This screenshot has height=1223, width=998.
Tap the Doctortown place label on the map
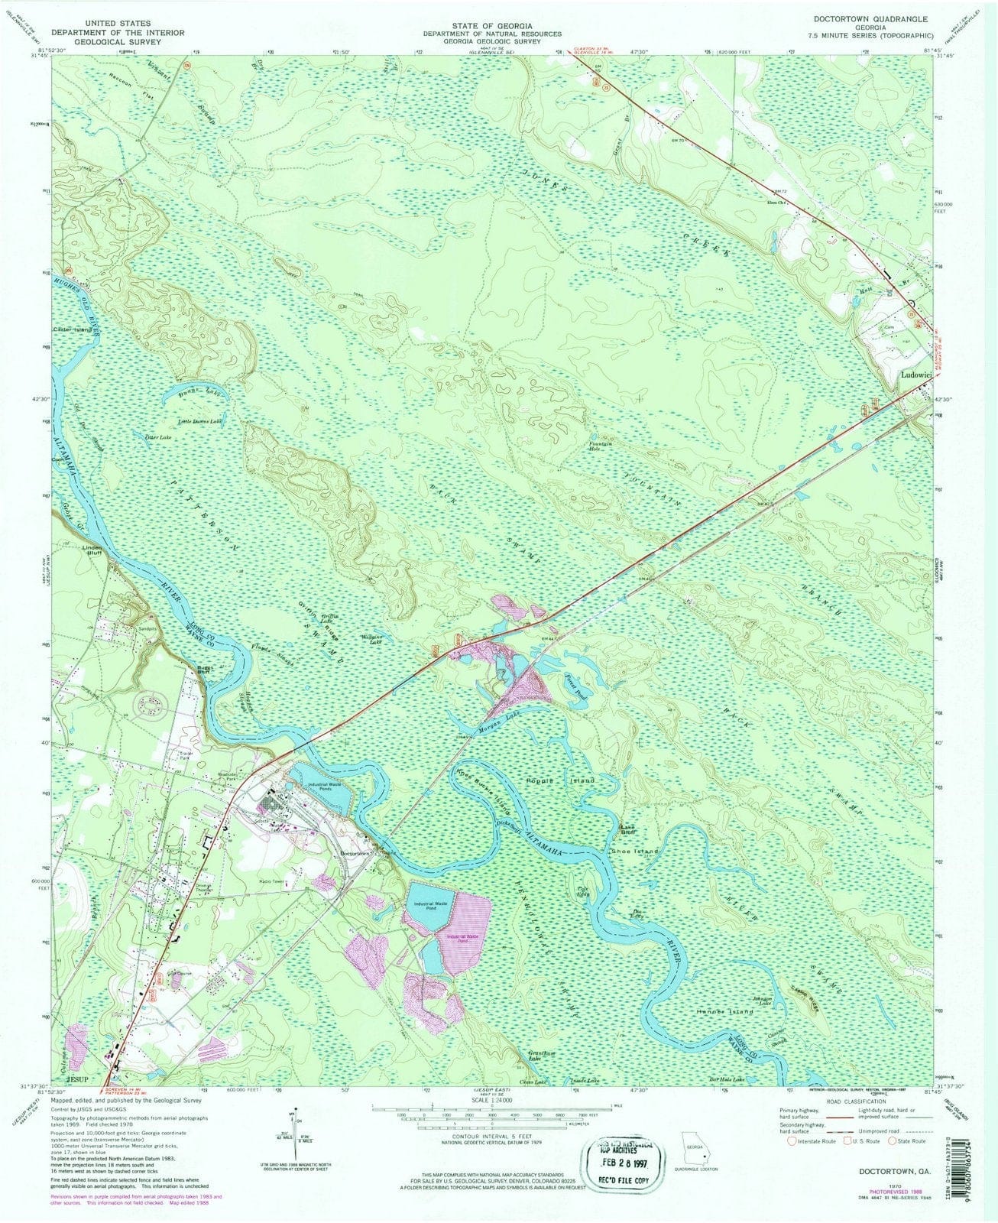355,853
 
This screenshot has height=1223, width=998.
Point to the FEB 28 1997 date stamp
618,1149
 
